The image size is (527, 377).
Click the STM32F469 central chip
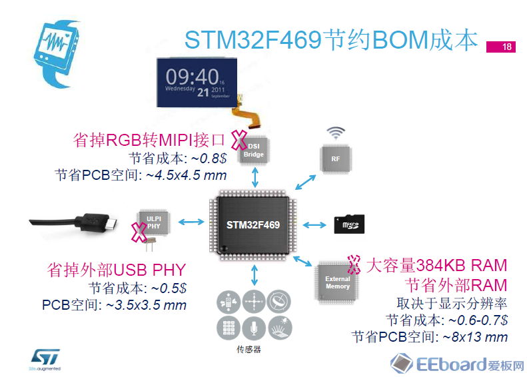[254, 224]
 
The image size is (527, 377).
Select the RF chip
[335, 159]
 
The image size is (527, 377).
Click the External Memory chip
[337, 282]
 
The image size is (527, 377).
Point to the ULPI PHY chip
[154, 221]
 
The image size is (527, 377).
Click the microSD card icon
[350, 224]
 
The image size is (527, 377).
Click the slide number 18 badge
[507, 47]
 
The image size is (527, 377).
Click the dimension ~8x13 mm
[474, 336]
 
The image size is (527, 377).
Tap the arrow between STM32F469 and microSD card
[316, 224]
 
